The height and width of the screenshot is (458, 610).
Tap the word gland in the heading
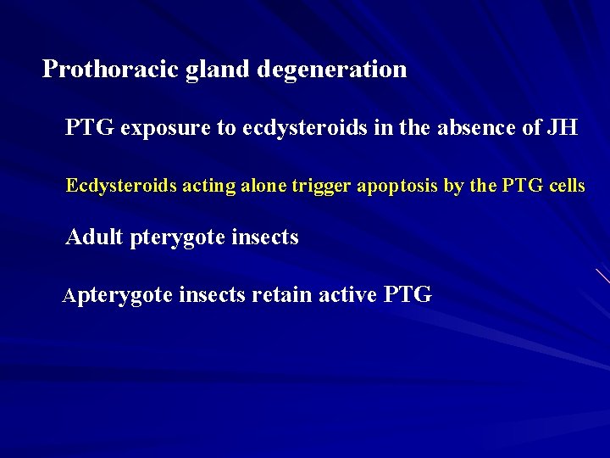tap(202, 70)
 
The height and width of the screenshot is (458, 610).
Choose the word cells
tap(566, 185)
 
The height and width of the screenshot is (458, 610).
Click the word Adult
tap(94, 237)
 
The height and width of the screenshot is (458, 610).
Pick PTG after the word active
tap(408, 295)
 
